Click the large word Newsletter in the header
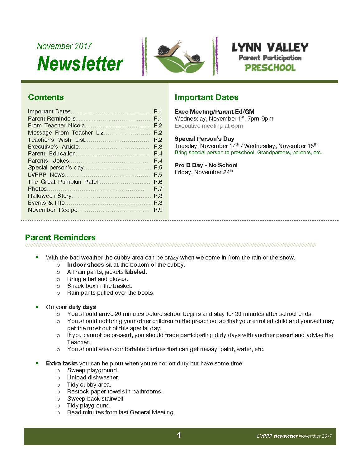point(80,64)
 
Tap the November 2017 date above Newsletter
point(64,46)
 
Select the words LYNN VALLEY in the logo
point(270,47)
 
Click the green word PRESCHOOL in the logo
point(270,68)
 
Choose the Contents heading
point(46,97)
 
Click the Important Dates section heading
point(206,97)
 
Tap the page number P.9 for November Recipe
point(158,210)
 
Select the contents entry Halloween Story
point(50,196)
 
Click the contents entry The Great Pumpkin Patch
point(64,182)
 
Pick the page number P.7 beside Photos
point(158,189)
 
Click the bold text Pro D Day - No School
point(206,165)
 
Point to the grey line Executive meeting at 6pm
point(209,126)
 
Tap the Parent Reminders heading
point(60,237)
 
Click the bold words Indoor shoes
point(85,265)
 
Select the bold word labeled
point(135,272)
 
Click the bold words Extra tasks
point(62,364)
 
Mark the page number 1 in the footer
point(179,435)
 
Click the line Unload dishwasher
point(93,378)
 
